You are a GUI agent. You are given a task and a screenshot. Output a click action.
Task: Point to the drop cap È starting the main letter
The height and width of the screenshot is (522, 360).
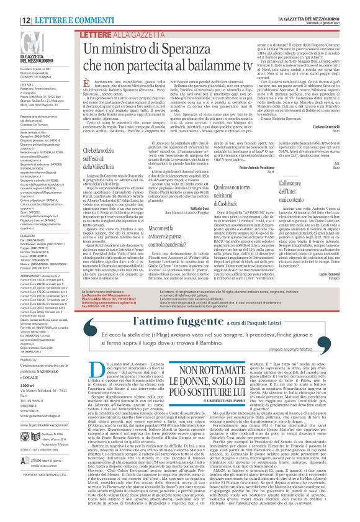tap(88, 88)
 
